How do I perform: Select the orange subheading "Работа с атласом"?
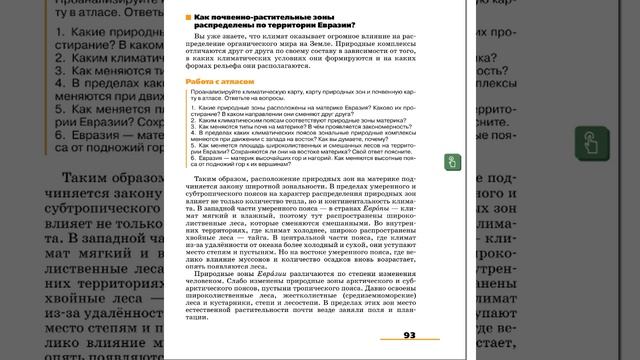(x=212, y=81)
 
